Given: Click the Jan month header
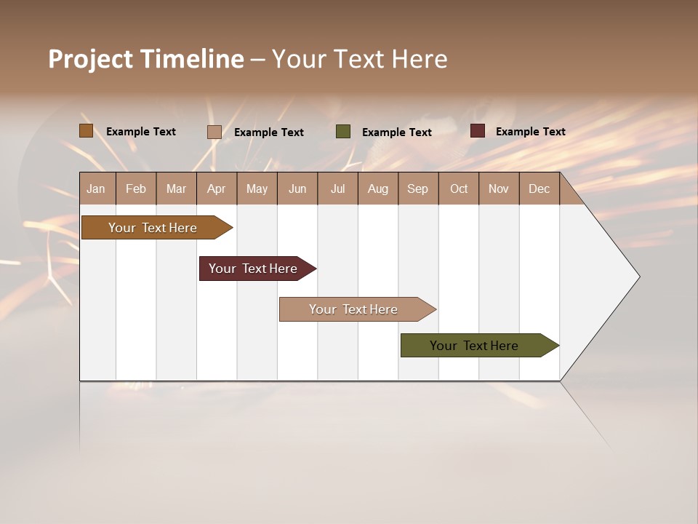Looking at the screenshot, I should (96, 188).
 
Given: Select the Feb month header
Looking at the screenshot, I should (136, 188).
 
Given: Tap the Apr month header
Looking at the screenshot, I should (216, 188).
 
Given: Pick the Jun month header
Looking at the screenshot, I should (297, 188).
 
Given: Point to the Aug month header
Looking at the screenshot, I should (377, 188).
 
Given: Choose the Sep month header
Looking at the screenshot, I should (417, 188).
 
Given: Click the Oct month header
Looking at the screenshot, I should (459, 188).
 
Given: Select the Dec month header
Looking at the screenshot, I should (539, 188).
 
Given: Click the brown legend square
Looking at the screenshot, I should (86, 131).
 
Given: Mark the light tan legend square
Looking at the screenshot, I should (214, 132).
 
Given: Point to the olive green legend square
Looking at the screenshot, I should (343, 132).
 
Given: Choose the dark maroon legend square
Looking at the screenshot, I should (477, 131).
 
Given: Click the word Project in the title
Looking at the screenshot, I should (91, 59).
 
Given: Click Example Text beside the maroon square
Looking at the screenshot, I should (530, 132).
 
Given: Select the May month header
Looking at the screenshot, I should (257, 188).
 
